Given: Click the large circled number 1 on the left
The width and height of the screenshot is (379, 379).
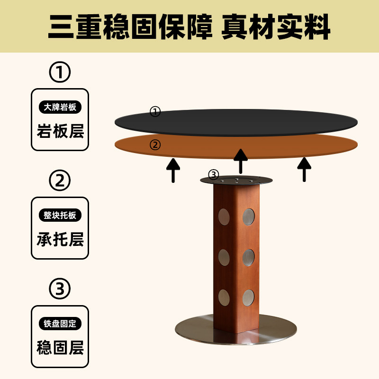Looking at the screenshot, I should (x=60, y=72).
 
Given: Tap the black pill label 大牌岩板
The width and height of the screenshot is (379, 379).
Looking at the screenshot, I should (x=60, y=107).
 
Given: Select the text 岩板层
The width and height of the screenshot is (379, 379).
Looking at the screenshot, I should (x=60, y=131).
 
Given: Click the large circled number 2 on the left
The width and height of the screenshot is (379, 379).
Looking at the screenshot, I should (x=60, y=180).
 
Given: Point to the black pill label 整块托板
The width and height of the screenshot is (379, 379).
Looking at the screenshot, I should (x=60, y=216).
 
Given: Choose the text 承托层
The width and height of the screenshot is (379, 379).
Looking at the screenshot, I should (x=60, y=239).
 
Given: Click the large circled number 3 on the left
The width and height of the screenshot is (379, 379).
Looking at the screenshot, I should (x=60, y=289).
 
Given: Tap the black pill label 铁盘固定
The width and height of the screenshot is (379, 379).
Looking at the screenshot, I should (x=60, y=324).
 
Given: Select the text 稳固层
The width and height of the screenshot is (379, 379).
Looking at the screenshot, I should (x=60, y=348).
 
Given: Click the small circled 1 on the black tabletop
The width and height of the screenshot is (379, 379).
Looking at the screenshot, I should (x=155, y=112).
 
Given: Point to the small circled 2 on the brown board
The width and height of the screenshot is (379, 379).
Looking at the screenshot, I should (x=155, y=144).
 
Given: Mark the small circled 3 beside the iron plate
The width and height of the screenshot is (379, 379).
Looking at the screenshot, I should (x=214, y=175).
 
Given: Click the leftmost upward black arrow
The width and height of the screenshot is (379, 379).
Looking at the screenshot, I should (x=173, y=170).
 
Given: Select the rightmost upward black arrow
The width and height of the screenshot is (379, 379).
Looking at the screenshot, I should (x=304, y=169).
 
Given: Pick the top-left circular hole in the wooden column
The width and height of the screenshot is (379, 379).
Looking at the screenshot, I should (x=224, y=217).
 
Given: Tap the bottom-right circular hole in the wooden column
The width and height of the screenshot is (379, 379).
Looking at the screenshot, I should (x=248, y=297).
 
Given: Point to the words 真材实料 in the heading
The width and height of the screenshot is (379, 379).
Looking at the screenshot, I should (x=277, y=27).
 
